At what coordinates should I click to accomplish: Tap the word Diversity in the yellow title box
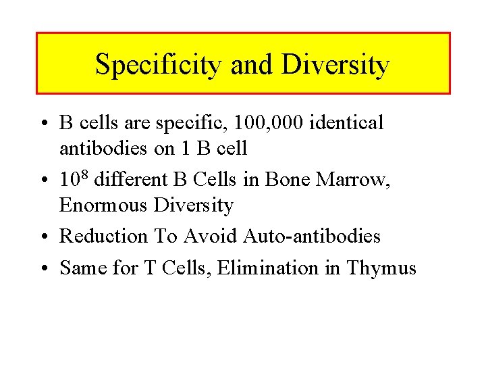coord(335,65)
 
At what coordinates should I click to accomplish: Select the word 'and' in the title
coord(252,65)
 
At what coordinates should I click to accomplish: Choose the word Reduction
coord(103,237)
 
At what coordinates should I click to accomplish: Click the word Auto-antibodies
coord(312,237)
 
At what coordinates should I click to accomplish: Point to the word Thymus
coord(381,268)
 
